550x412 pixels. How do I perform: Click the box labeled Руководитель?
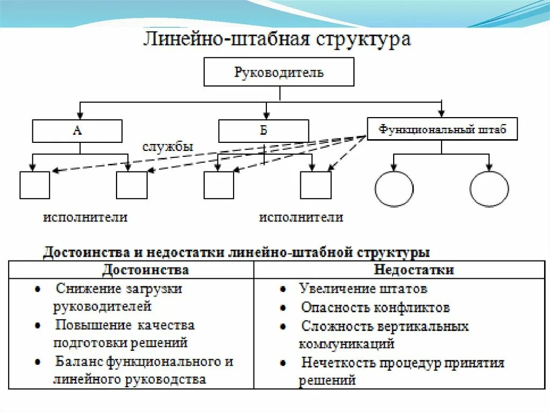click(x=279, y=72)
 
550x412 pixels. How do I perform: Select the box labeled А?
click(x=77, y=131)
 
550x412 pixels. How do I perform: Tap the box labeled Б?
click(x=263, y=131)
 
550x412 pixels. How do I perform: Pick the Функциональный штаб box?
click(x=442, y=129)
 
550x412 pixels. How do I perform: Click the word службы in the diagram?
click(x=168, y=147)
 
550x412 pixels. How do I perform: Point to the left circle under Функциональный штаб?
click(x=394, y=189)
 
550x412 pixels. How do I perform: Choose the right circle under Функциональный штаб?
click(x=489, y=189)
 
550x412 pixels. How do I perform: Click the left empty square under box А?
click(x=34, y=185)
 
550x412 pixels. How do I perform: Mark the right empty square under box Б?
click(x=315, y=185)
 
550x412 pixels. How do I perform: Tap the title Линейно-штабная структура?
click(x=277, y=40)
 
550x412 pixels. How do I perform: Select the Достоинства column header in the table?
click(x=145, y=269)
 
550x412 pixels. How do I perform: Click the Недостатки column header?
click(x=414, y=269)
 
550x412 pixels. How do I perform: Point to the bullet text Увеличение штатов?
click(x=363, y=289)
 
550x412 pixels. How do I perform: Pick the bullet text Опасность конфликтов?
click(x=375, y=308)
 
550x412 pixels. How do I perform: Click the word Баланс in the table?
click(x=78, y=362)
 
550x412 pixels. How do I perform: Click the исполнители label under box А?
click(x=85, y=218)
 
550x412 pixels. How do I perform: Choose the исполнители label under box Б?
click(x=301, y=218)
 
